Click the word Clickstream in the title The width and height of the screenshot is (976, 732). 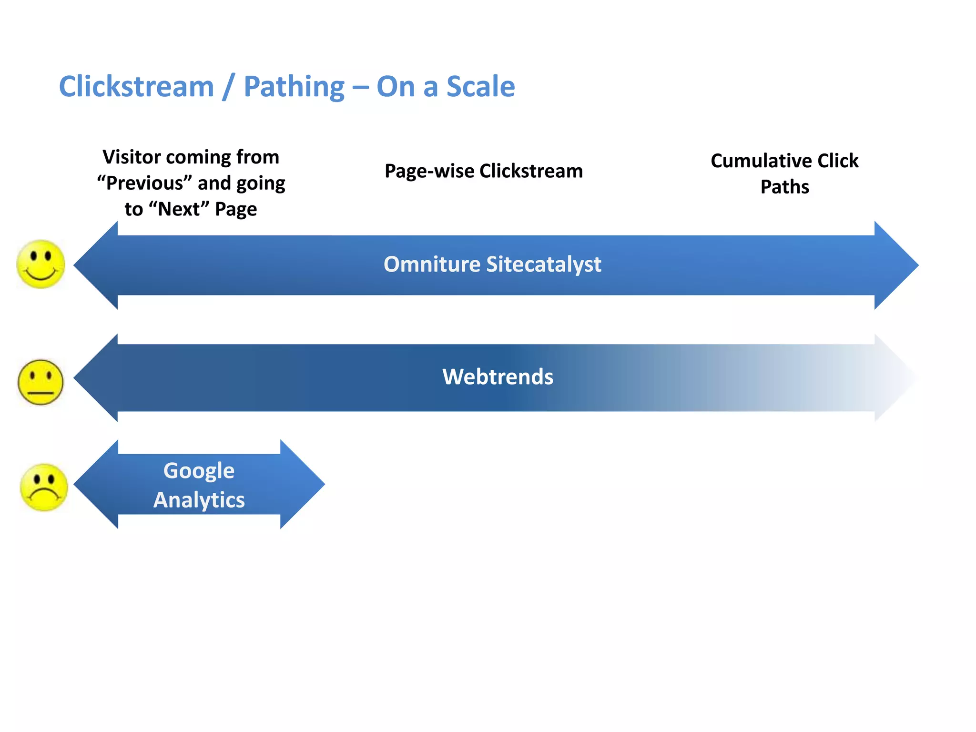tap(136, 87)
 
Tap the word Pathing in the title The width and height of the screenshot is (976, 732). tap(294, 87)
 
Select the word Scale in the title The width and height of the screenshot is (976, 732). tap(480, 87)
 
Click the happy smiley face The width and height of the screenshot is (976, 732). tap(41, 264)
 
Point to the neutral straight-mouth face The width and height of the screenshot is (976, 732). tap(41, 382)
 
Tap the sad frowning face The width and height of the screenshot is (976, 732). tap(44, 487)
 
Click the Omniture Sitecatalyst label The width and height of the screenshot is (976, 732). tap(492, 264)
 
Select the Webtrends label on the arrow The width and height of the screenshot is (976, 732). tap(498, 377)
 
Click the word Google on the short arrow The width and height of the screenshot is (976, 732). tap(199, 471)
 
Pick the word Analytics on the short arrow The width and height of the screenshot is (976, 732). tap(199, 500)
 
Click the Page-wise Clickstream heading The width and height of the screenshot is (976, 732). tap(483, 171)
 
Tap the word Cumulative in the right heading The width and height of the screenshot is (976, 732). tap(761, 161)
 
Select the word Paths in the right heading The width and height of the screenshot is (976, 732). tap(784, 187)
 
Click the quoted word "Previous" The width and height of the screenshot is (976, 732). tap(144, 183)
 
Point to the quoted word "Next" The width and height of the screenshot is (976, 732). tap(179, 209)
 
